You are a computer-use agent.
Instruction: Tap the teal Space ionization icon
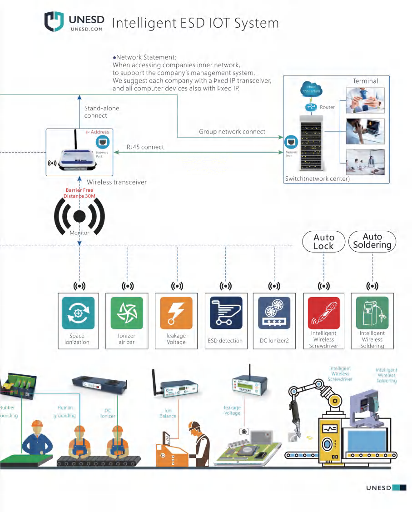click(78, 313)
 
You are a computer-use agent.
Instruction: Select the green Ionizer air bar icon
click(127, 313)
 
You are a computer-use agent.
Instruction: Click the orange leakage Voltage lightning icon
click(176, 313)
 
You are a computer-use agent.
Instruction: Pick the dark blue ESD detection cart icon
click(226, 313)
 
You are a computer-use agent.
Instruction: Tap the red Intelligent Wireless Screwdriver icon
click(323, 313)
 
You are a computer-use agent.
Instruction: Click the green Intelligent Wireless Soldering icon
click(372, 313)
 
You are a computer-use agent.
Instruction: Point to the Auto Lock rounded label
click(323, 242)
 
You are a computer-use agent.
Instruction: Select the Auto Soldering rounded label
click(372, 241)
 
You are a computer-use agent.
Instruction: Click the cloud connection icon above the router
click(311, 88)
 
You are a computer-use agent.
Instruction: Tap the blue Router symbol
click(311, 107)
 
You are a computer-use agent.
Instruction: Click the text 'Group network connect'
click(232, 132)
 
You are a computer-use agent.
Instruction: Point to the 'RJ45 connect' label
click(145, 147)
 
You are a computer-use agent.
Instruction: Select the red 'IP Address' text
click(98, 132)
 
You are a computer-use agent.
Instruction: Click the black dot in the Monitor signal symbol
click(79, 216)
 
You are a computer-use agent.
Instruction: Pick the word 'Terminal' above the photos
click(365, 81)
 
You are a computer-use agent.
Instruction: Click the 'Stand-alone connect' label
click(102, 112)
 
